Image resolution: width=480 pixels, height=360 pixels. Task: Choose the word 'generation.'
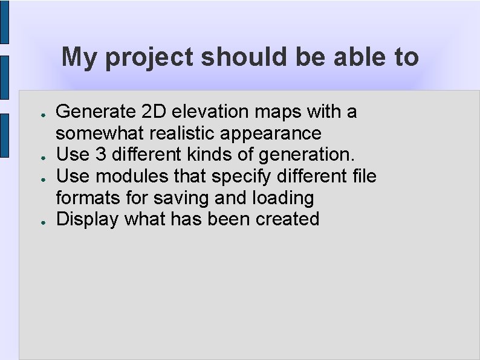click(x=306, y=155)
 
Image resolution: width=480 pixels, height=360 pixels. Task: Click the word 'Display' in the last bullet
click(x=87, y=219)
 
